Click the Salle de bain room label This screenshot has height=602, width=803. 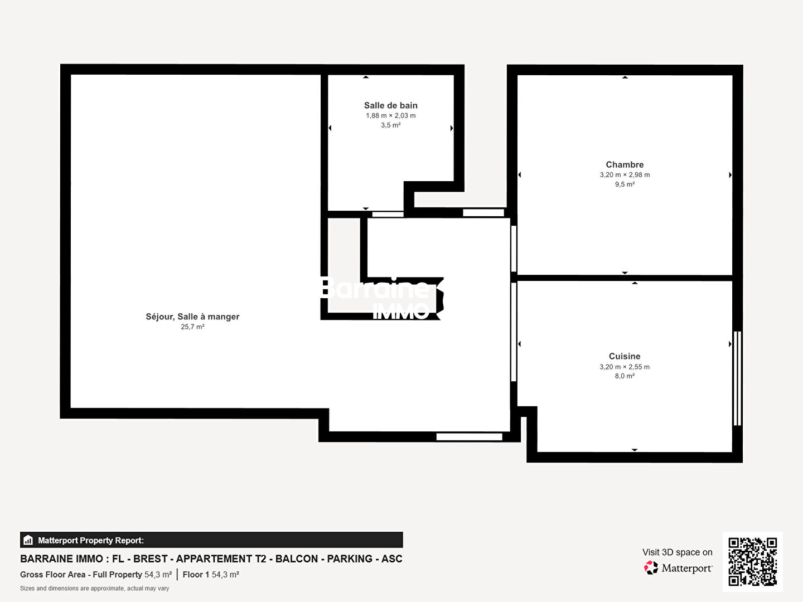[390, 105]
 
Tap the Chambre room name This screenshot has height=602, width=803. [625, 164]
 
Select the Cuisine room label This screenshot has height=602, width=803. [625, 356]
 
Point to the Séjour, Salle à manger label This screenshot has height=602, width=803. [192, 317]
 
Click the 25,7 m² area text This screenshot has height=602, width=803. [192, 327]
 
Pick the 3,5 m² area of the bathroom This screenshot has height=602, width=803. [390, 125]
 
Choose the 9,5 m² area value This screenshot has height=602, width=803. [625, 184]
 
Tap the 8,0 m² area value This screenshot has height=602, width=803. [625, 376]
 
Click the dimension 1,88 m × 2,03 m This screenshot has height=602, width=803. [390, 115]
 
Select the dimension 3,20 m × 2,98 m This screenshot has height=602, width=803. [625, 174]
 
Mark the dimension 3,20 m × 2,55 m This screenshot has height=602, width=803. [625, 367]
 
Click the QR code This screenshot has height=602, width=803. [752, 562]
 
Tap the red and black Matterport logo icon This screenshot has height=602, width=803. [651, 567]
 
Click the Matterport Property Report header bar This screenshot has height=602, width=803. [211, 540]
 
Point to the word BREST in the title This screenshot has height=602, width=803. [150, 559]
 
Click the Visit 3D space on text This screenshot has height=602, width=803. [677, 552]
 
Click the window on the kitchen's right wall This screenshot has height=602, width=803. [738, 378]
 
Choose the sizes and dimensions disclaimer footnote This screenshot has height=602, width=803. [94, 589]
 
